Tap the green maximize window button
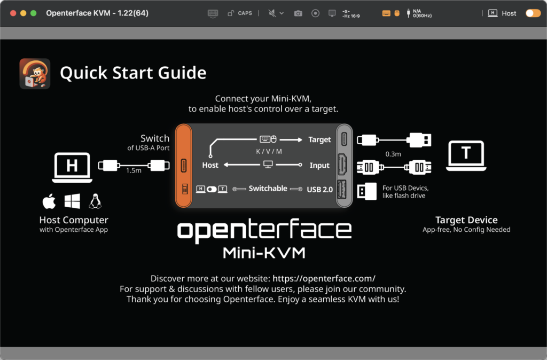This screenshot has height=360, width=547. (x=33, y=13)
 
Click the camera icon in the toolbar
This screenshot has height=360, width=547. (x=298, y=13)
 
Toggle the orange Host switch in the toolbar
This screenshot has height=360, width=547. (x=533, y=13)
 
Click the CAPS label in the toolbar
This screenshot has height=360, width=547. (x=245, y=13)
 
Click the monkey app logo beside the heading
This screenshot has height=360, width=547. (x=35, y=73)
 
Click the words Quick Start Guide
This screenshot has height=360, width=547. (x=133, y=73)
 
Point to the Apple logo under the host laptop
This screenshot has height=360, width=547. (x=49, y=201)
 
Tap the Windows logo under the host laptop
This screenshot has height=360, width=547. (x=72, y=201)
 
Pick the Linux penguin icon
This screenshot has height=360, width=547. (x=95, y=201)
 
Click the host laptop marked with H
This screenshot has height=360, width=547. (x=72, y=166)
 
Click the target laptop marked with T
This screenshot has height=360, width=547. (x=466, y=155)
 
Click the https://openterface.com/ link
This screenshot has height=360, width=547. (x=324, y=278)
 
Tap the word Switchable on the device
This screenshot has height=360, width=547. (x=268, y=189)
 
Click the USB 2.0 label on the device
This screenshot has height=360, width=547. (x=319, y=189)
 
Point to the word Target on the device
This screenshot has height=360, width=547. (x=319, y=139)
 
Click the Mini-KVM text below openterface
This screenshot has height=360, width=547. (x=264, y=252)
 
